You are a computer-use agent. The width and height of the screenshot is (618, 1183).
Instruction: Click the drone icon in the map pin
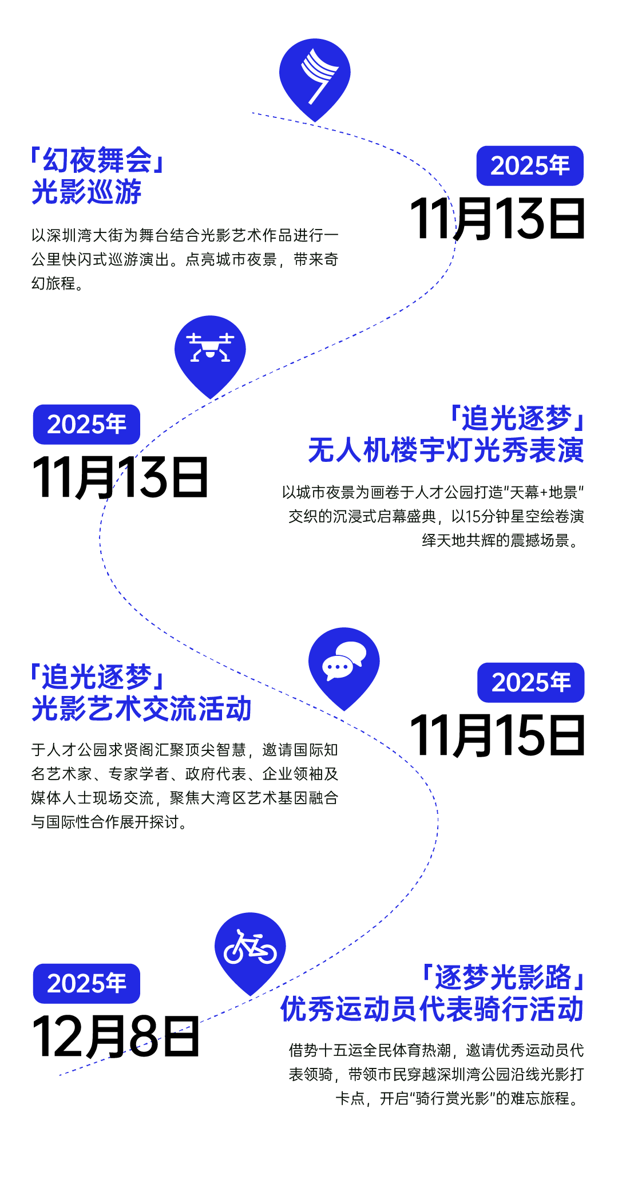210,348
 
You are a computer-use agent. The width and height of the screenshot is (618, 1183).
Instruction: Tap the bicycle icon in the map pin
250,947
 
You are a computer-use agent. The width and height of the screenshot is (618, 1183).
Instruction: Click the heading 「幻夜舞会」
98,160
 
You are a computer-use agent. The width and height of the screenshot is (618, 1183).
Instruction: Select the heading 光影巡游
86,192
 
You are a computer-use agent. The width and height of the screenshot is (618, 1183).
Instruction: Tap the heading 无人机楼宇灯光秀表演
446,450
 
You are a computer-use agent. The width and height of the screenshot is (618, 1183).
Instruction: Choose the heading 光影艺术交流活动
141,709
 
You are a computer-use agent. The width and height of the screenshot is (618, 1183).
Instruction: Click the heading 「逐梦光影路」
502,977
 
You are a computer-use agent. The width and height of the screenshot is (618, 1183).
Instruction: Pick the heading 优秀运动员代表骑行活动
431,1009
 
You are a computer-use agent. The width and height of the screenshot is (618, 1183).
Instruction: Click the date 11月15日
497,735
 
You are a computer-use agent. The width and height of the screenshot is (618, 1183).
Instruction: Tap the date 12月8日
116,1036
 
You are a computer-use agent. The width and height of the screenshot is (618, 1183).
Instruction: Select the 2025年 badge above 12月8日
86,983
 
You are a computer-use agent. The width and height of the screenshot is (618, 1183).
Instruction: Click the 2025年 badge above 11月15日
531,682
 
